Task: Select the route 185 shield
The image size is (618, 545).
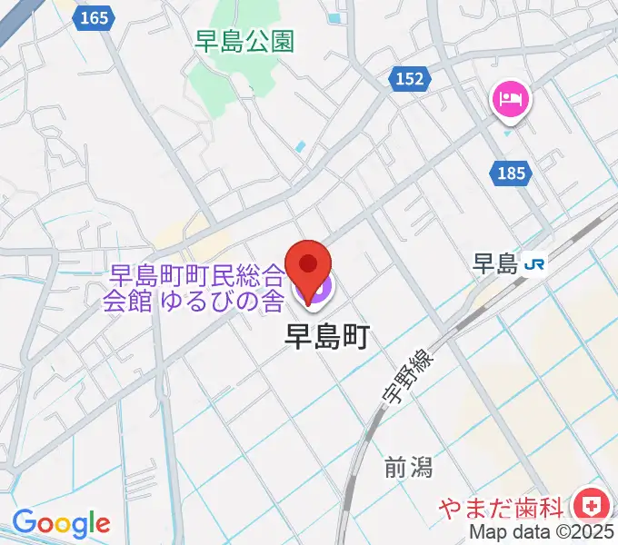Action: [512, 173]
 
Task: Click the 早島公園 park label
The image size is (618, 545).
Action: [244, 41]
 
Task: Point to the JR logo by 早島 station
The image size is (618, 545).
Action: [536, 264]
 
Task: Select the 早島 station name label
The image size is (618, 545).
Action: [495, 264]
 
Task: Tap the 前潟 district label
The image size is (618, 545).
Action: [408, 467]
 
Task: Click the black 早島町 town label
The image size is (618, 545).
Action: [326, 337]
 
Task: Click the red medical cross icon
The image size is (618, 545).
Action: [592, 504]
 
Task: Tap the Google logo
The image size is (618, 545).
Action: [61, 523]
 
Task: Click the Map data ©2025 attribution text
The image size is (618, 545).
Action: [541, 533]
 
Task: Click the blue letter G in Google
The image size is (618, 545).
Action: [23, 522]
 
